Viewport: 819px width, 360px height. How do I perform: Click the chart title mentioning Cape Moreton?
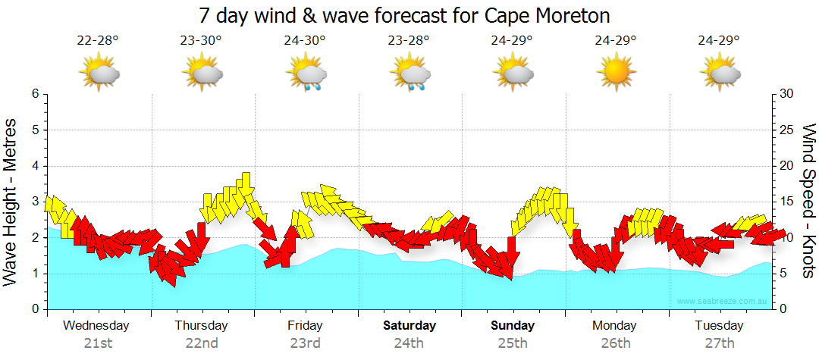click(404, 15)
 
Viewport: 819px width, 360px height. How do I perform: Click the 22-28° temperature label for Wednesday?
click(98, 41)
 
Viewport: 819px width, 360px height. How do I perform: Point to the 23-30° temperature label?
click(201, 41)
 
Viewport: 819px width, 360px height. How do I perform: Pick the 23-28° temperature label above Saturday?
click(409, 41)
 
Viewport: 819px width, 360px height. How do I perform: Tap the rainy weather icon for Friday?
click(306, 75)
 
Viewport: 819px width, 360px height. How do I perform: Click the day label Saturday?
click(409, 326)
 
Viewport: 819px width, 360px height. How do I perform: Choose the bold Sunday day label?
click(513, 326)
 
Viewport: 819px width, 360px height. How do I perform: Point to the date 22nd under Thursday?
click(202, 343)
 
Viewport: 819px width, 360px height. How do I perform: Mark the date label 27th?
click(720, 343)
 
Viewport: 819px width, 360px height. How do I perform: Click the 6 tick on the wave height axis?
click(35, 94)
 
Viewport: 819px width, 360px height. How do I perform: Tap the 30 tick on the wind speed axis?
click(786, 94)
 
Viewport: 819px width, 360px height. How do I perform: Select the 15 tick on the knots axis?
click(786, 202)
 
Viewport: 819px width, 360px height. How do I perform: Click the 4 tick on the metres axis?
click(35, 166)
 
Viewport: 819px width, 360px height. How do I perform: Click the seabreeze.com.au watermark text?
click(723, 301)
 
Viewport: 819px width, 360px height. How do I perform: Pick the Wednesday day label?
click(96, 326)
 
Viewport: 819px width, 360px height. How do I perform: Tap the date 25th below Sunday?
click(513, 343)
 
